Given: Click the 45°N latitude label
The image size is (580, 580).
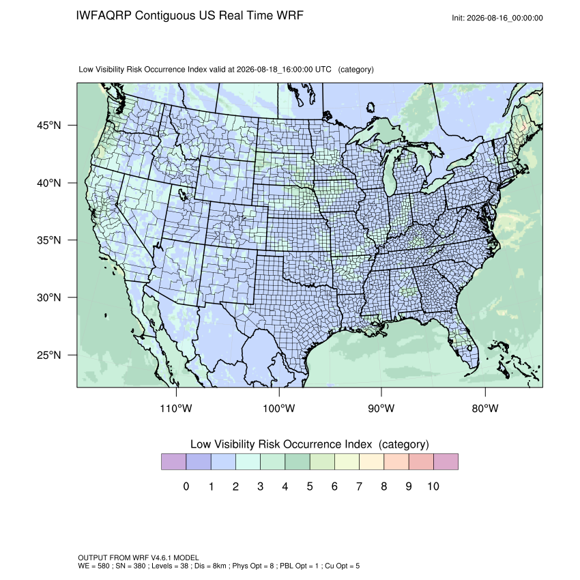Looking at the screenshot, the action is [48, 126].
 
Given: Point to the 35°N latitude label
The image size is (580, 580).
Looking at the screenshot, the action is [48, 240].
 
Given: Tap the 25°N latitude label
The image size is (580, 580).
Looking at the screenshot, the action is [48, 355].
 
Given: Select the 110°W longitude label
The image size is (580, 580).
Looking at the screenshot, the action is [176, 408].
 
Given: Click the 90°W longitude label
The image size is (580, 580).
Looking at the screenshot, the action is [381, 408].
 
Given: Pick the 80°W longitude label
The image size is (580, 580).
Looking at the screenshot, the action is [485, 408].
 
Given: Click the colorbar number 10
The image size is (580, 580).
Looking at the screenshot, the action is [433, 486].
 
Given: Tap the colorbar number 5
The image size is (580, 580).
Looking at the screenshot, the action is [310, 486].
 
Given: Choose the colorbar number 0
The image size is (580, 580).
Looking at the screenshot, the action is [186, 486].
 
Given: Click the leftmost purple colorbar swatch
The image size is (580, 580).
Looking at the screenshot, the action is [174, 462].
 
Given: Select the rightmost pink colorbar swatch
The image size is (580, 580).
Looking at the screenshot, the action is [446, 462].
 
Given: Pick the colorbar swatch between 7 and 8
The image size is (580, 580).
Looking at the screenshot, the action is [371, 462].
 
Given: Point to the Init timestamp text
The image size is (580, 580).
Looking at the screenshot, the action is [497, 18].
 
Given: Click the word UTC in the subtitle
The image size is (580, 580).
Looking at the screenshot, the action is [323, 70].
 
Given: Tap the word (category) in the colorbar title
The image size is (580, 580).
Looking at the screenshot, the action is [403, 444].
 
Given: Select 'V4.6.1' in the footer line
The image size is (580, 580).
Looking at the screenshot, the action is [161, 557].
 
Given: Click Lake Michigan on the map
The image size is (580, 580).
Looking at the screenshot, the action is [389, 175].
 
